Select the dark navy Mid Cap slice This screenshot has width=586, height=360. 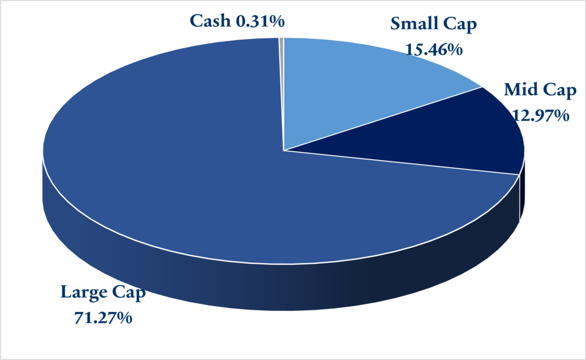(x=458, y=137)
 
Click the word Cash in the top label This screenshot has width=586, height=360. (x=209, y=21)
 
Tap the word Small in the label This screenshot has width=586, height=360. (x=414, y=24)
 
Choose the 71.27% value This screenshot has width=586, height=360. (x=104, y=317)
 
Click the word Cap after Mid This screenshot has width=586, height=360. (x=560, y=91)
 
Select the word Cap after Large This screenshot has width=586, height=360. (x=130, y=292)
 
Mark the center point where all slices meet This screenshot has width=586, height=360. (x=283, y=151)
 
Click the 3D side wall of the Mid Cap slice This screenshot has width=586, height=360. (x=521, y=195)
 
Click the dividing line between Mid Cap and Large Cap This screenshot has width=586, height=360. (x=401, y=163)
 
